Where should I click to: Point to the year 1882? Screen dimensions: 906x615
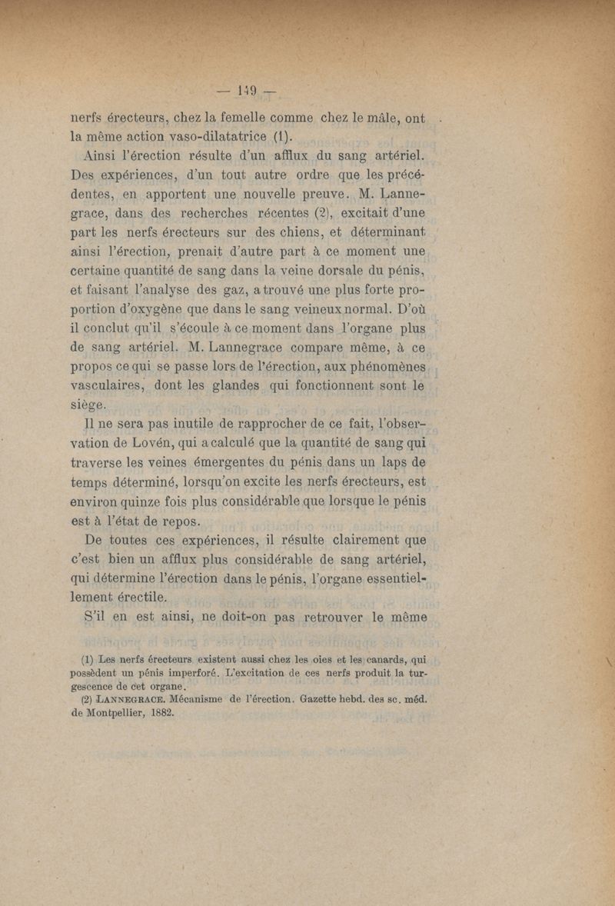click(158, 714)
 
